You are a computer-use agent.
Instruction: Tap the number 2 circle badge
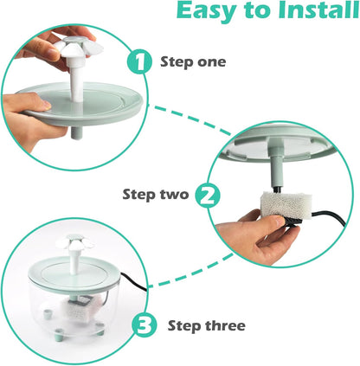tap(205, 195)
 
